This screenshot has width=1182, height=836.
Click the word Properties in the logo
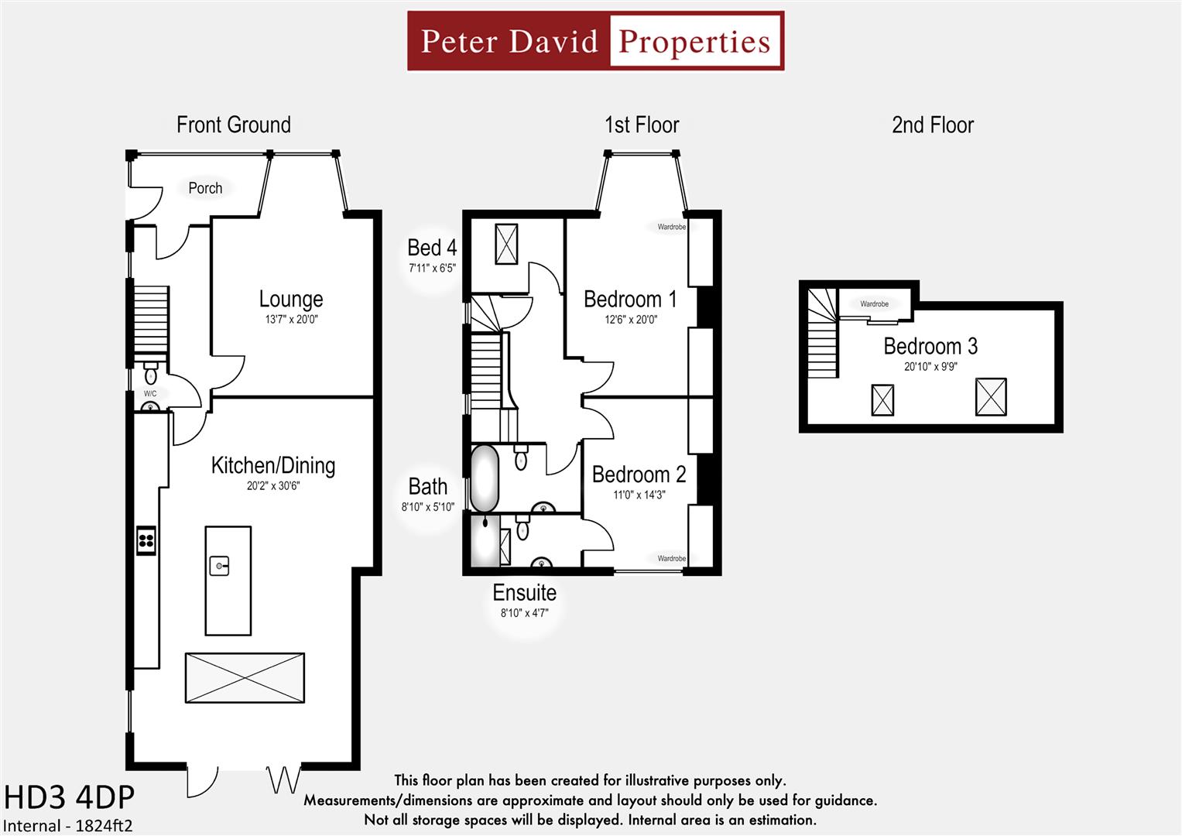point(694,42)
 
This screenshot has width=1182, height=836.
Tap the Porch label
point(205,188)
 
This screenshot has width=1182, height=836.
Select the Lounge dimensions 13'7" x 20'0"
point(291,319)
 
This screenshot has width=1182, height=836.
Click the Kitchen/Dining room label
point(273,465)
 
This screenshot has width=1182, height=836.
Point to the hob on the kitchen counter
point(146,540)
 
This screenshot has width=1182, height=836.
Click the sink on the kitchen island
point(219,566)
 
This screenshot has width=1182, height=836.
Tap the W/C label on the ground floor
point(150,394)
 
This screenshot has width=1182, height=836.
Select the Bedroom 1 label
point(630,300)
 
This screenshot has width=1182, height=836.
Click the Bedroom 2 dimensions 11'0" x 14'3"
point(639,495)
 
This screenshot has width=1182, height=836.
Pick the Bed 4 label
point(432,248)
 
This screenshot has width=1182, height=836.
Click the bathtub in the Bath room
point(485,479)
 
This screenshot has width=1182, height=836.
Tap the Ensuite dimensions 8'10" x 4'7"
point(525,613)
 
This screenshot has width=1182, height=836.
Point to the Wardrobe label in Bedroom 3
point(875,304)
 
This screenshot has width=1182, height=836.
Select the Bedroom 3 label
point(931,346)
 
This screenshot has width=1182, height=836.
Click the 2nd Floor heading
point(933,125)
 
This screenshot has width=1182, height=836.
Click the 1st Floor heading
point(642,125)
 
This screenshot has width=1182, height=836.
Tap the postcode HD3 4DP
point(69,797)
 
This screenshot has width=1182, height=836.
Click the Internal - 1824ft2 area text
point(67,826)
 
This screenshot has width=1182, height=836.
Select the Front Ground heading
point(234,125)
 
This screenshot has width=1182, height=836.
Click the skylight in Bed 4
point(506,244)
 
